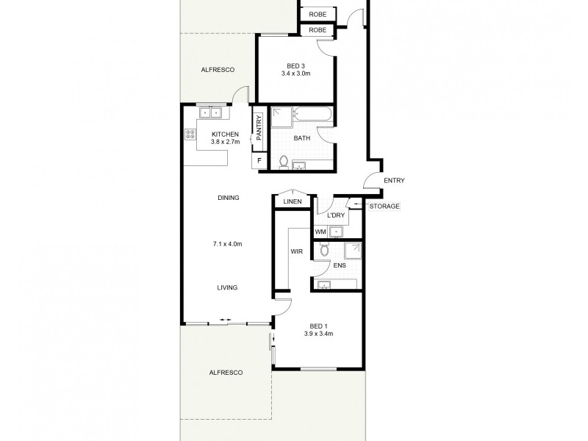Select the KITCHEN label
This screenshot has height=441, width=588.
coord(225,134)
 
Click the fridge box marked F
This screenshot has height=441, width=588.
coord(258,161)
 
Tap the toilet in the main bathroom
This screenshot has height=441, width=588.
coord(283,162)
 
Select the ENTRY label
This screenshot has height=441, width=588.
coord(394,181)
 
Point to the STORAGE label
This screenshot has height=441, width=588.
coord(384,207)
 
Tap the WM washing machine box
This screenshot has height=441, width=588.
coord(320,232)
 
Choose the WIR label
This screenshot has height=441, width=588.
coord(297,251)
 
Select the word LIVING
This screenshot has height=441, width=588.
coord(227,287)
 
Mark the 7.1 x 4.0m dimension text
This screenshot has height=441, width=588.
coord(227,243)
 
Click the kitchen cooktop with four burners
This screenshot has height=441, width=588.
coord(190,135)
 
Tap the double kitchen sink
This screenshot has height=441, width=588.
coord(212,113)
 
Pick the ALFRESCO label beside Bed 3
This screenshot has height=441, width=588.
coord(218,69)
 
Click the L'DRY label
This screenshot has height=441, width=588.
coord(336,215)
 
